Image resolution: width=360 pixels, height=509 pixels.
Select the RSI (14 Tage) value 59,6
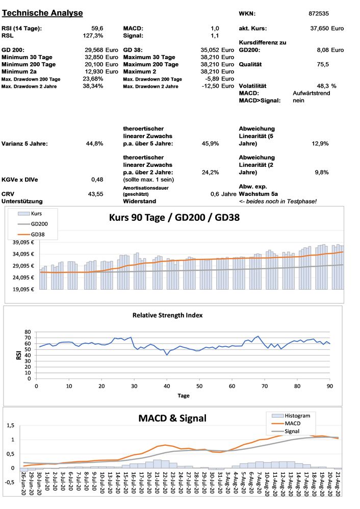tap(97, 29)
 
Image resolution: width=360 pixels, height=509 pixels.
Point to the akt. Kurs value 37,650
tap(319, 29)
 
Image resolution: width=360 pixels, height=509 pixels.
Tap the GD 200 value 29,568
tap(94, 50)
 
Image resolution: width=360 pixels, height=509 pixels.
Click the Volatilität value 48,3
tap(321, 86)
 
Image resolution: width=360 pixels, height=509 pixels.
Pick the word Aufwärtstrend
tap(310, 93)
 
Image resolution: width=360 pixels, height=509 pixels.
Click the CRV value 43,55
tap(96, 194)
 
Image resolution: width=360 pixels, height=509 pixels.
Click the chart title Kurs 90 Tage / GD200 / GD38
tap(174, 217)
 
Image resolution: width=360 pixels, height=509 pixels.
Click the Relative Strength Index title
tap(167, 315)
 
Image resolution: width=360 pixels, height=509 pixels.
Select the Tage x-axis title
tap(184, 395)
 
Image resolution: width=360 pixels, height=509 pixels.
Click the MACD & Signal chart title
tap(172, 418)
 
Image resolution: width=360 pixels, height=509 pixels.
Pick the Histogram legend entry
tap(297, 416)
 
